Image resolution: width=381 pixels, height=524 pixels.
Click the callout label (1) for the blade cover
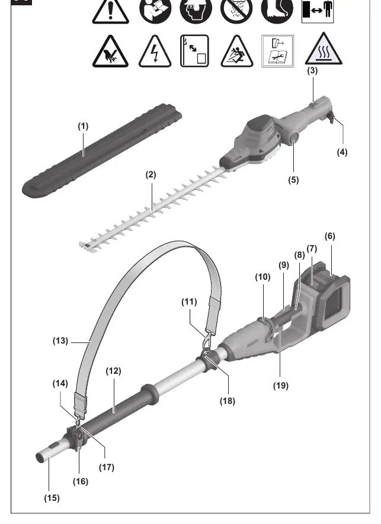83,127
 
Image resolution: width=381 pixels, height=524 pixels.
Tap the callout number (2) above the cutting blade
151,175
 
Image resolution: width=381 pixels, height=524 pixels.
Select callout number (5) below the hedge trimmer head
293,180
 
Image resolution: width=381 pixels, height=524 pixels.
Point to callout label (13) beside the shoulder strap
60,341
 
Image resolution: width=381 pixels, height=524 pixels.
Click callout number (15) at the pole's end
52,498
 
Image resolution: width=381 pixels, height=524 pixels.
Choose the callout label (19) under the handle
280,386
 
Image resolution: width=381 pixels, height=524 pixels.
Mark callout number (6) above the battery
330,236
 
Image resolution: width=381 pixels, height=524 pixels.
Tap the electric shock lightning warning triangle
155,51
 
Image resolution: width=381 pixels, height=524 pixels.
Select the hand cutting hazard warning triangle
110,51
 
